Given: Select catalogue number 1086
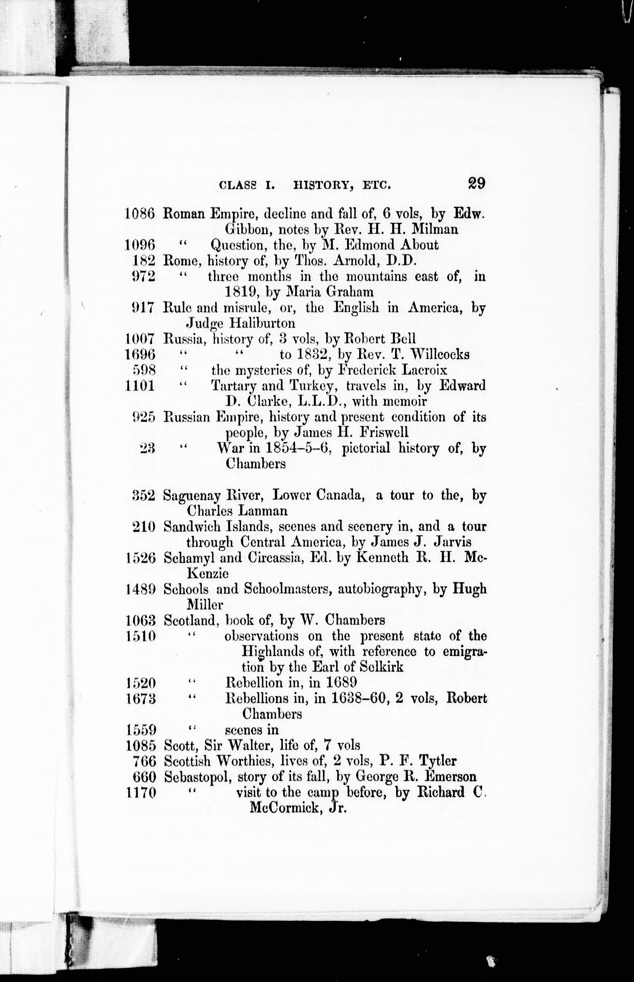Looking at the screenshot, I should pyautogui.click(x=139, y=214).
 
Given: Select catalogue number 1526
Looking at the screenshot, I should pyautogui.click(x=140, y=558).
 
